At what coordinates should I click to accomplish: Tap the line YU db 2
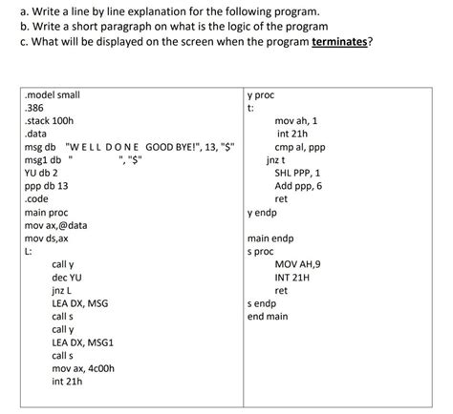click(x=43, y=174)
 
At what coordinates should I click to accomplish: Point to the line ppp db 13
click(x=48, y=187)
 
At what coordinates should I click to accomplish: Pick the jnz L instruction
click(x=63, y=289)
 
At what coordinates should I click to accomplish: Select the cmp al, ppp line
click(x=299, y=147)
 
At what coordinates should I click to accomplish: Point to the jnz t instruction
click(x=277, y=160)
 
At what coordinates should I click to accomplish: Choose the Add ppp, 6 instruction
click(x=299, y=187)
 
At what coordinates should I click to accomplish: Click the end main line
click(x=267, y=315)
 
